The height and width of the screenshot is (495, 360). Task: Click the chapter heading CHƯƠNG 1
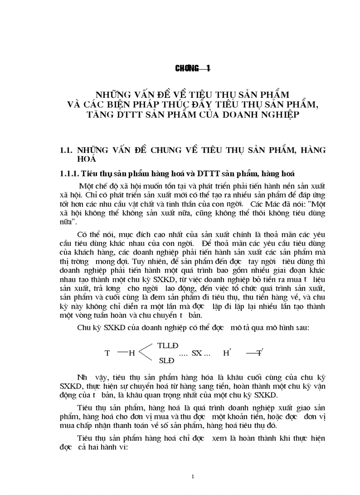[193, 68]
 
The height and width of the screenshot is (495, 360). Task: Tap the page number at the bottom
[193, 476]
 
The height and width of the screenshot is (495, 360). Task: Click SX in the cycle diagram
[197, 353]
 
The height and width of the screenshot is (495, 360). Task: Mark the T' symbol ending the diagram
[260, 353]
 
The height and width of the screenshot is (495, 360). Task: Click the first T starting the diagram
[107, 353]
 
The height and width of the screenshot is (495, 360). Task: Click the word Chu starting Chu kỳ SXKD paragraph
[83, 327]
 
